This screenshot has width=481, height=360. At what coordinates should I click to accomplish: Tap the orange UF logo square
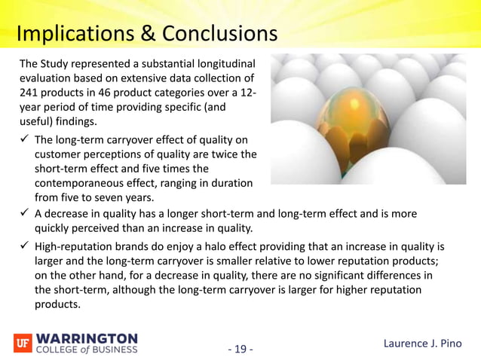[23, 343]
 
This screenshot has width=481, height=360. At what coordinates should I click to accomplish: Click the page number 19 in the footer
[240, 349]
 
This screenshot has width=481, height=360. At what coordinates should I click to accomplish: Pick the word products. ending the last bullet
[57, 304]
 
